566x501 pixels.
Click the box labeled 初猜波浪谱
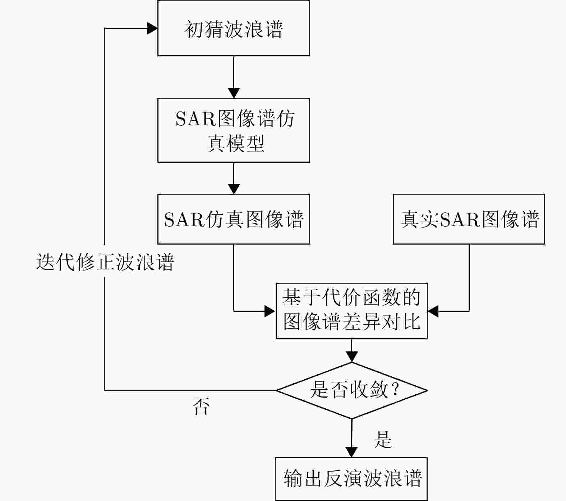234,28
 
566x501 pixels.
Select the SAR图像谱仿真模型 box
234,130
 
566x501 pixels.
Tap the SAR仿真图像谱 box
234,219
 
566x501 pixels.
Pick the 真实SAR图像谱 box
469,219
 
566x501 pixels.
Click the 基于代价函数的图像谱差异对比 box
351,311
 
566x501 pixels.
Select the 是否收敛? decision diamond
351,390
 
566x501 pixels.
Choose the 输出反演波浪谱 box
351,478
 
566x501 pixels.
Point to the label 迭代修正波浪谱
105,262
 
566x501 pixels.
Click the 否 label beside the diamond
201,407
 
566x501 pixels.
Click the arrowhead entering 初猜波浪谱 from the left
153,28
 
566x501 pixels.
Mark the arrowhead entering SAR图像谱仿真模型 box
234,93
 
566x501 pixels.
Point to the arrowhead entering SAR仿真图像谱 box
234,189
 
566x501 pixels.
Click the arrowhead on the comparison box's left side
270,311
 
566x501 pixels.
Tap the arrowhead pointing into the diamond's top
351,356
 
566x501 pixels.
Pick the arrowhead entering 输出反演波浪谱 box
351,452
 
